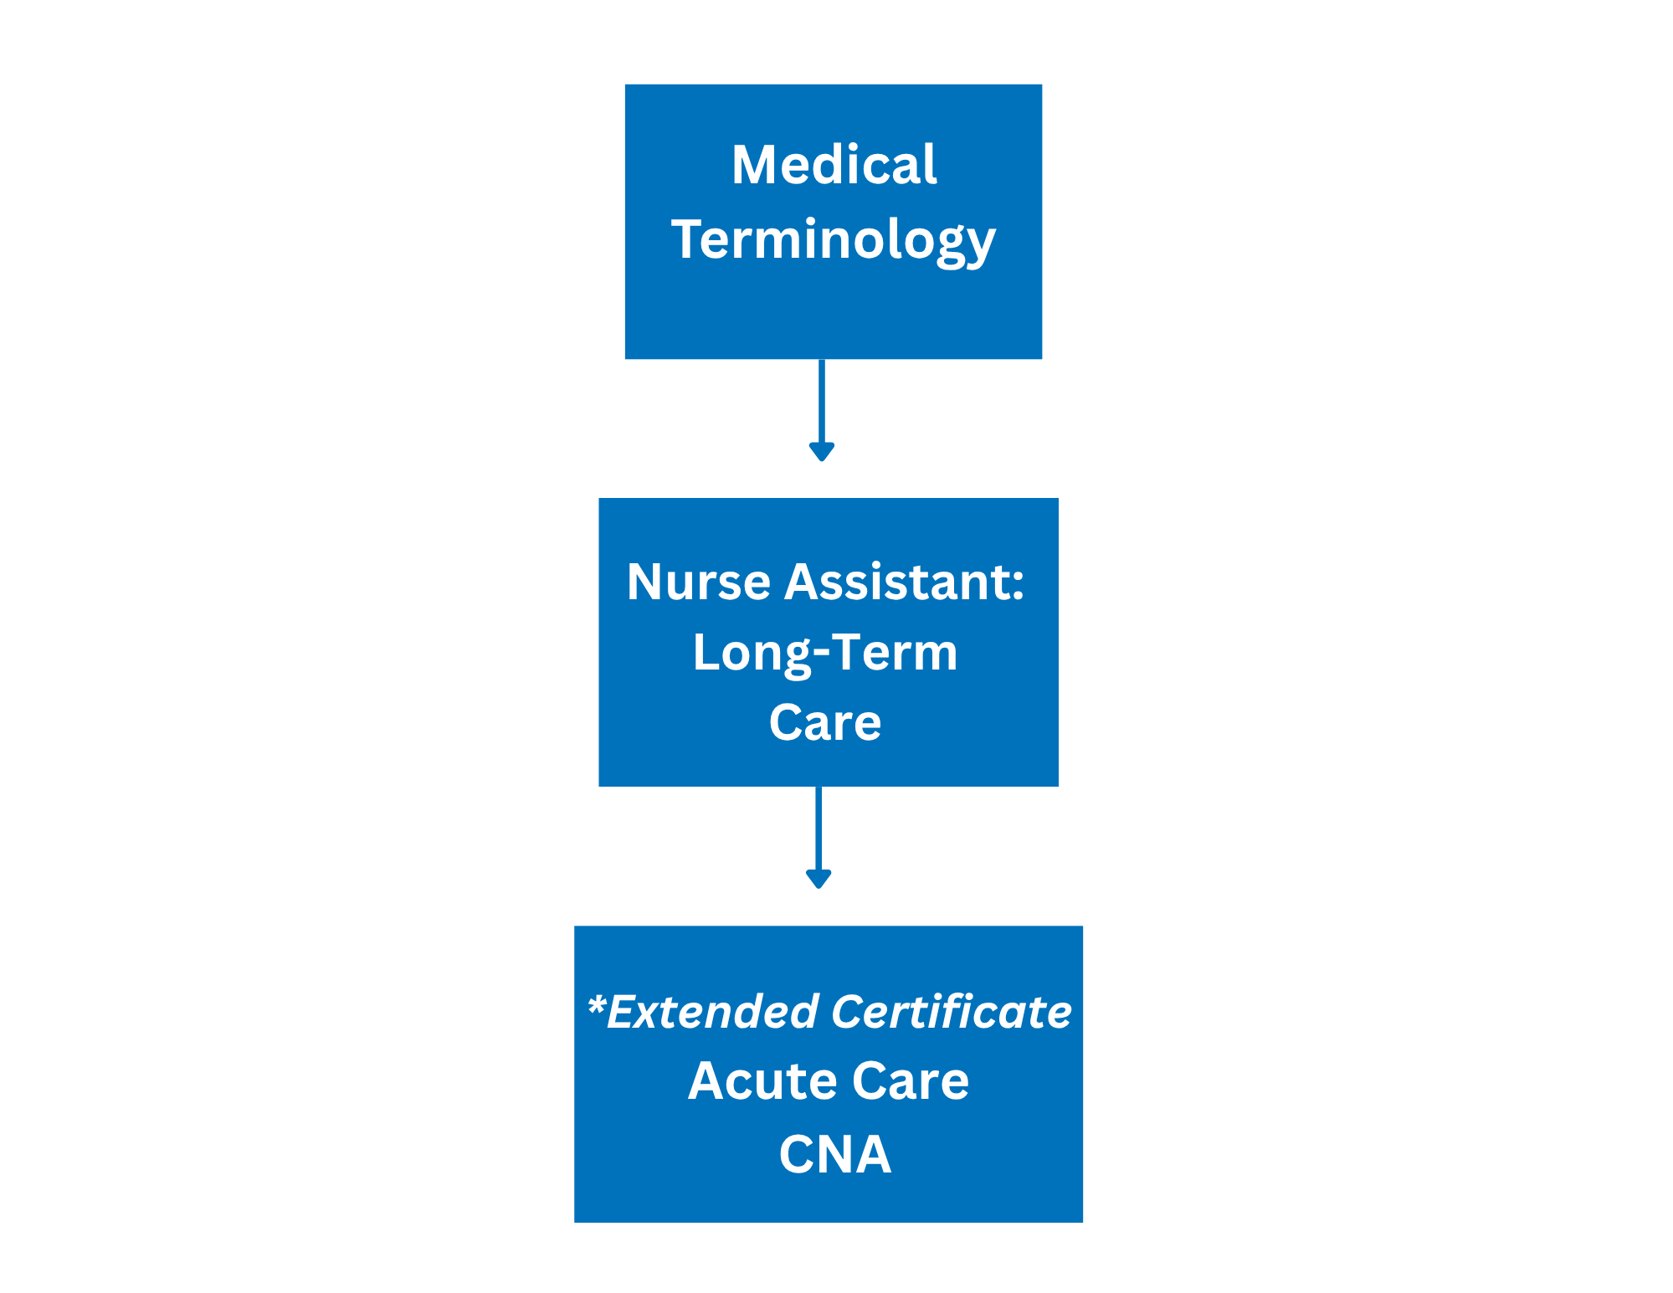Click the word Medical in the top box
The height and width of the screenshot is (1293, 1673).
pos(834,164)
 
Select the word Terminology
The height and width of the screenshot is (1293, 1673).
pos(834,241)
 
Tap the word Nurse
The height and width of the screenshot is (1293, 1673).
pos(699,582)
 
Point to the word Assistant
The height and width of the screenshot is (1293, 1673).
pos(897,582)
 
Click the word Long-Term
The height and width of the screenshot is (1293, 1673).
pos(825,654)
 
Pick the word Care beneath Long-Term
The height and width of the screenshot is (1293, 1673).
pos(825,722)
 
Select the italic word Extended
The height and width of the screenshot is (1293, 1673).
pos(712,1011)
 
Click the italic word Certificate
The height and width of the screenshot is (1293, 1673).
pos(952,1011)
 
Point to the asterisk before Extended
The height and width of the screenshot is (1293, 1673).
pos(596,1004)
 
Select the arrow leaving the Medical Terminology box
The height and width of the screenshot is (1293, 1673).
pos(822,410)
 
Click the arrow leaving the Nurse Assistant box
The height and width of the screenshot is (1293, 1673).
pos(819,838)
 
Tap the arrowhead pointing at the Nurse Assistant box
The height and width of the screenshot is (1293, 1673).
pos(822,452)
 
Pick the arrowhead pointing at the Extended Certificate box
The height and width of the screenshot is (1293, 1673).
pos(819,880)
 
